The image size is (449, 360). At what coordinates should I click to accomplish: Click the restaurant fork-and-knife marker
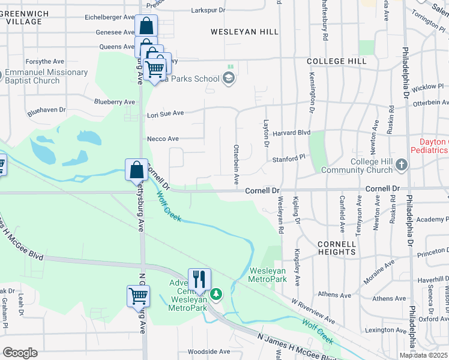tap(199, 279)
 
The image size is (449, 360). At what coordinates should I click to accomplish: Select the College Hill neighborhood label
tap(336, 61)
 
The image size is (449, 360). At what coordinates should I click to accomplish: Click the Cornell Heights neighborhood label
tap(337, 249)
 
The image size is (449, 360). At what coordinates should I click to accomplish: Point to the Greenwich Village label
tap(25, 16)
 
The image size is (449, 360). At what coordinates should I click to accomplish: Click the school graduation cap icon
tap(228, 78)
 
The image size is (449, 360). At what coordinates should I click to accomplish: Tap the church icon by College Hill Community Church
tap(402, 164)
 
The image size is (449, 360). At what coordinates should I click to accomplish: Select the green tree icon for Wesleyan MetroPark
tap(217, 294)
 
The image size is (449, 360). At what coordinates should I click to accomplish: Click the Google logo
tap(20, 353)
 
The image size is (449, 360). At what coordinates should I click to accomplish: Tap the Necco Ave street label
tap(163, 139)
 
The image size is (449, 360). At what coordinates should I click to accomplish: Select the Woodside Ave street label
tap(208, 352)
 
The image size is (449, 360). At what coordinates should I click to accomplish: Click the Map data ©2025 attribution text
tap(424, 355)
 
